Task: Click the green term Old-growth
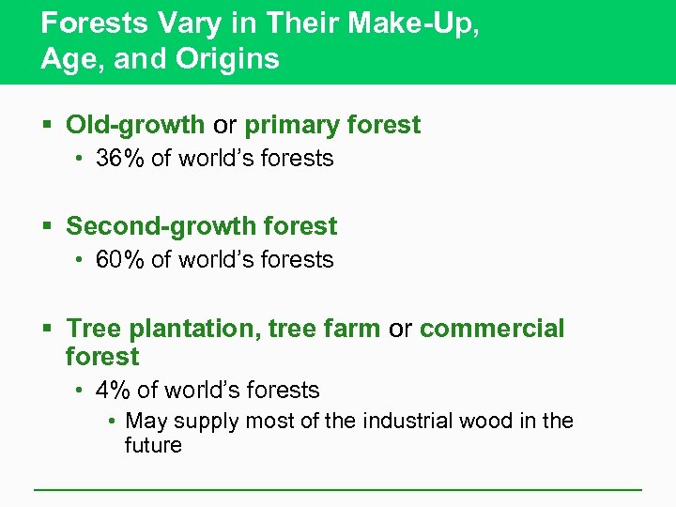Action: pyautogui.click(x=135, y=125)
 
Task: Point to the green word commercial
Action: pyautogui.click(x=492, y=329)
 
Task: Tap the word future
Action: pyautogui.click(x=153, y=445)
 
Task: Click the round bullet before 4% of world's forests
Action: pyautogui.click(x=82, y=392)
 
